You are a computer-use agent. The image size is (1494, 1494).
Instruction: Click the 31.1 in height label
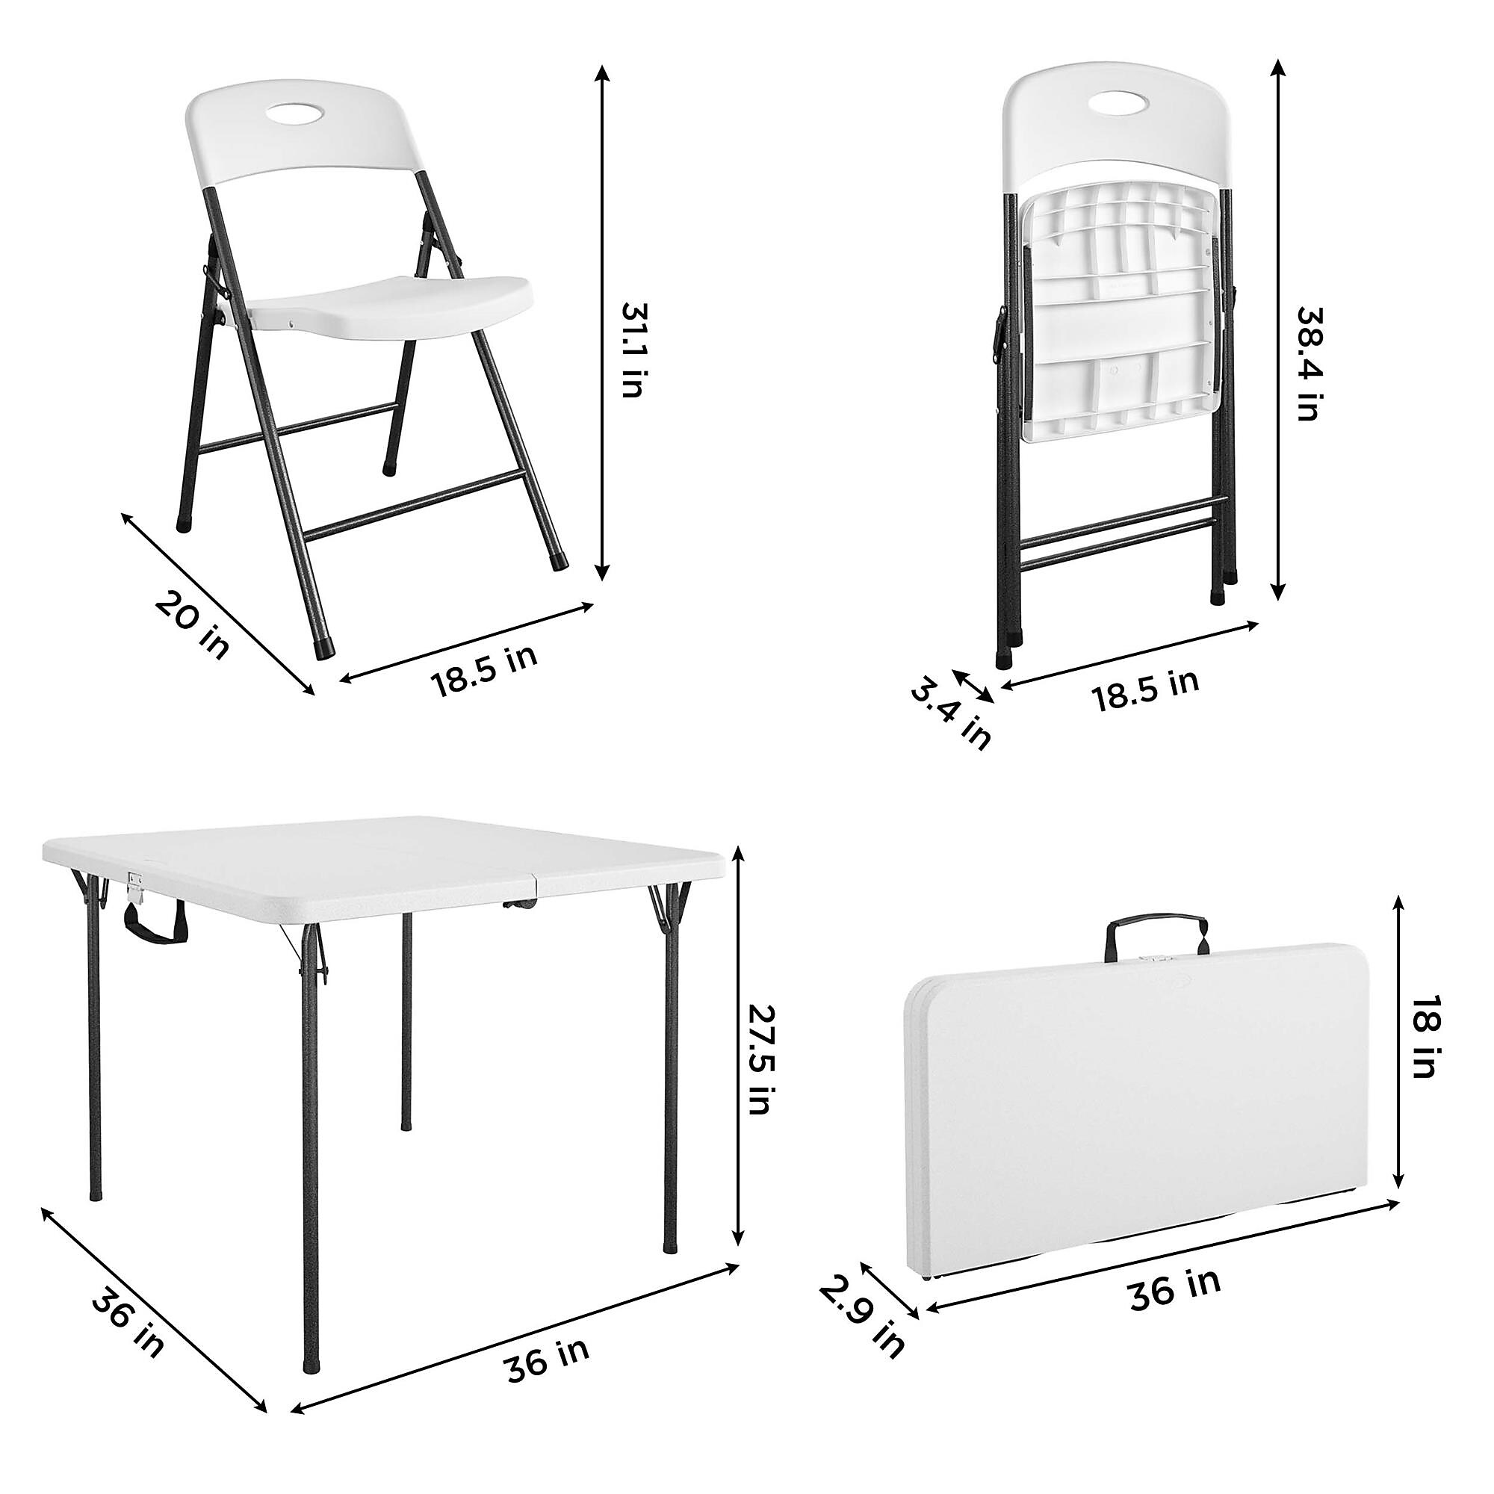click(x=633, y=350)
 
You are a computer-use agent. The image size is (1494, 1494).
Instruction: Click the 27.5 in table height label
click(x=760, y=1059)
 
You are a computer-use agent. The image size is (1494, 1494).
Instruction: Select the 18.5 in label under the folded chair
click(x=1146, y=689)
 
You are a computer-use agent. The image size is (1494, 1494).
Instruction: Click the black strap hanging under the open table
click(x=155, y=926)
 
